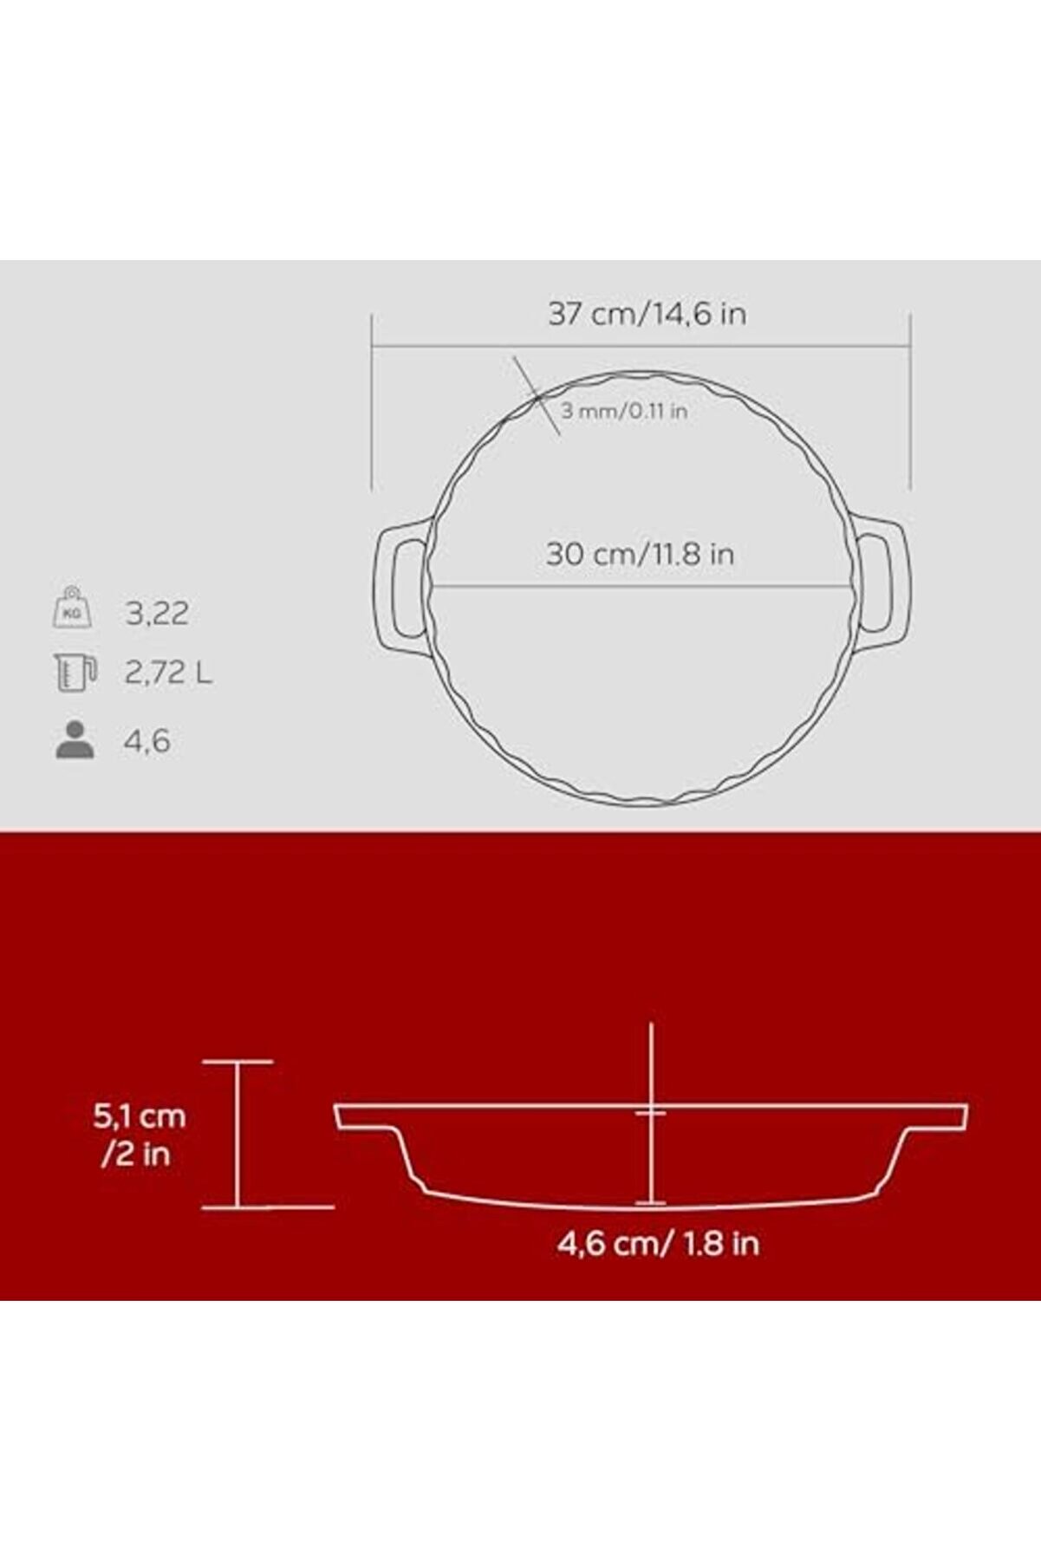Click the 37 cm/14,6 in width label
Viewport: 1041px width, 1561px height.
[647, 314]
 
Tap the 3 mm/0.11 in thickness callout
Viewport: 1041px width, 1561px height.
[623, 411]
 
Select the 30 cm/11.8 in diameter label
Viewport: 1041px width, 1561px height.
[640, 554]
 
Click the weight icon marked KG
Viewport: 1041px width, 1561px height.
[73, 608]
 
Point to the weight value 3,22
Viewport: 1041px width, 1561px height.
[157, 614]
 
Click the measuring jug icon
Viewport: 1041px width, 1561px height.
[75, 673]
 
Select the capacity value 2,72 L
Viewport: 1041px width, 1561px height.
[168, 673]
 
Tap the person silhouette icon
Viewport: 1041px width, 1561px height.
[75, 740]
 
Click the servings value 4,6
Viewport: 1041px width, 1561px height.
[146, 742]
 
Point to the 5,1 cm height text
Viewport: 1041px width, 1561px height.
[139, 1116]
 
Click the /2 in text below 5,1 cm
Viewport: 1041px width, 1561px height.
[135, 1154]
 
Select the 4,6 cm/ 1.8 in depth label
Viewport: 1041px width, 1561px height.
[658, 1243]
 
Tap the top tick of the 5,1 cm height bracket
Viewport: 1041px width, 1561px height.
[237, 1061]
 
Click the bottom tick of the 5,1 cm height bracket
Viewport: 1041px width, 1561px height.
[237, 1207]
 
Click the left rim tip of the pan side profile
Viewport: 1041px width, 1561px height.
[341, 1116]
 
